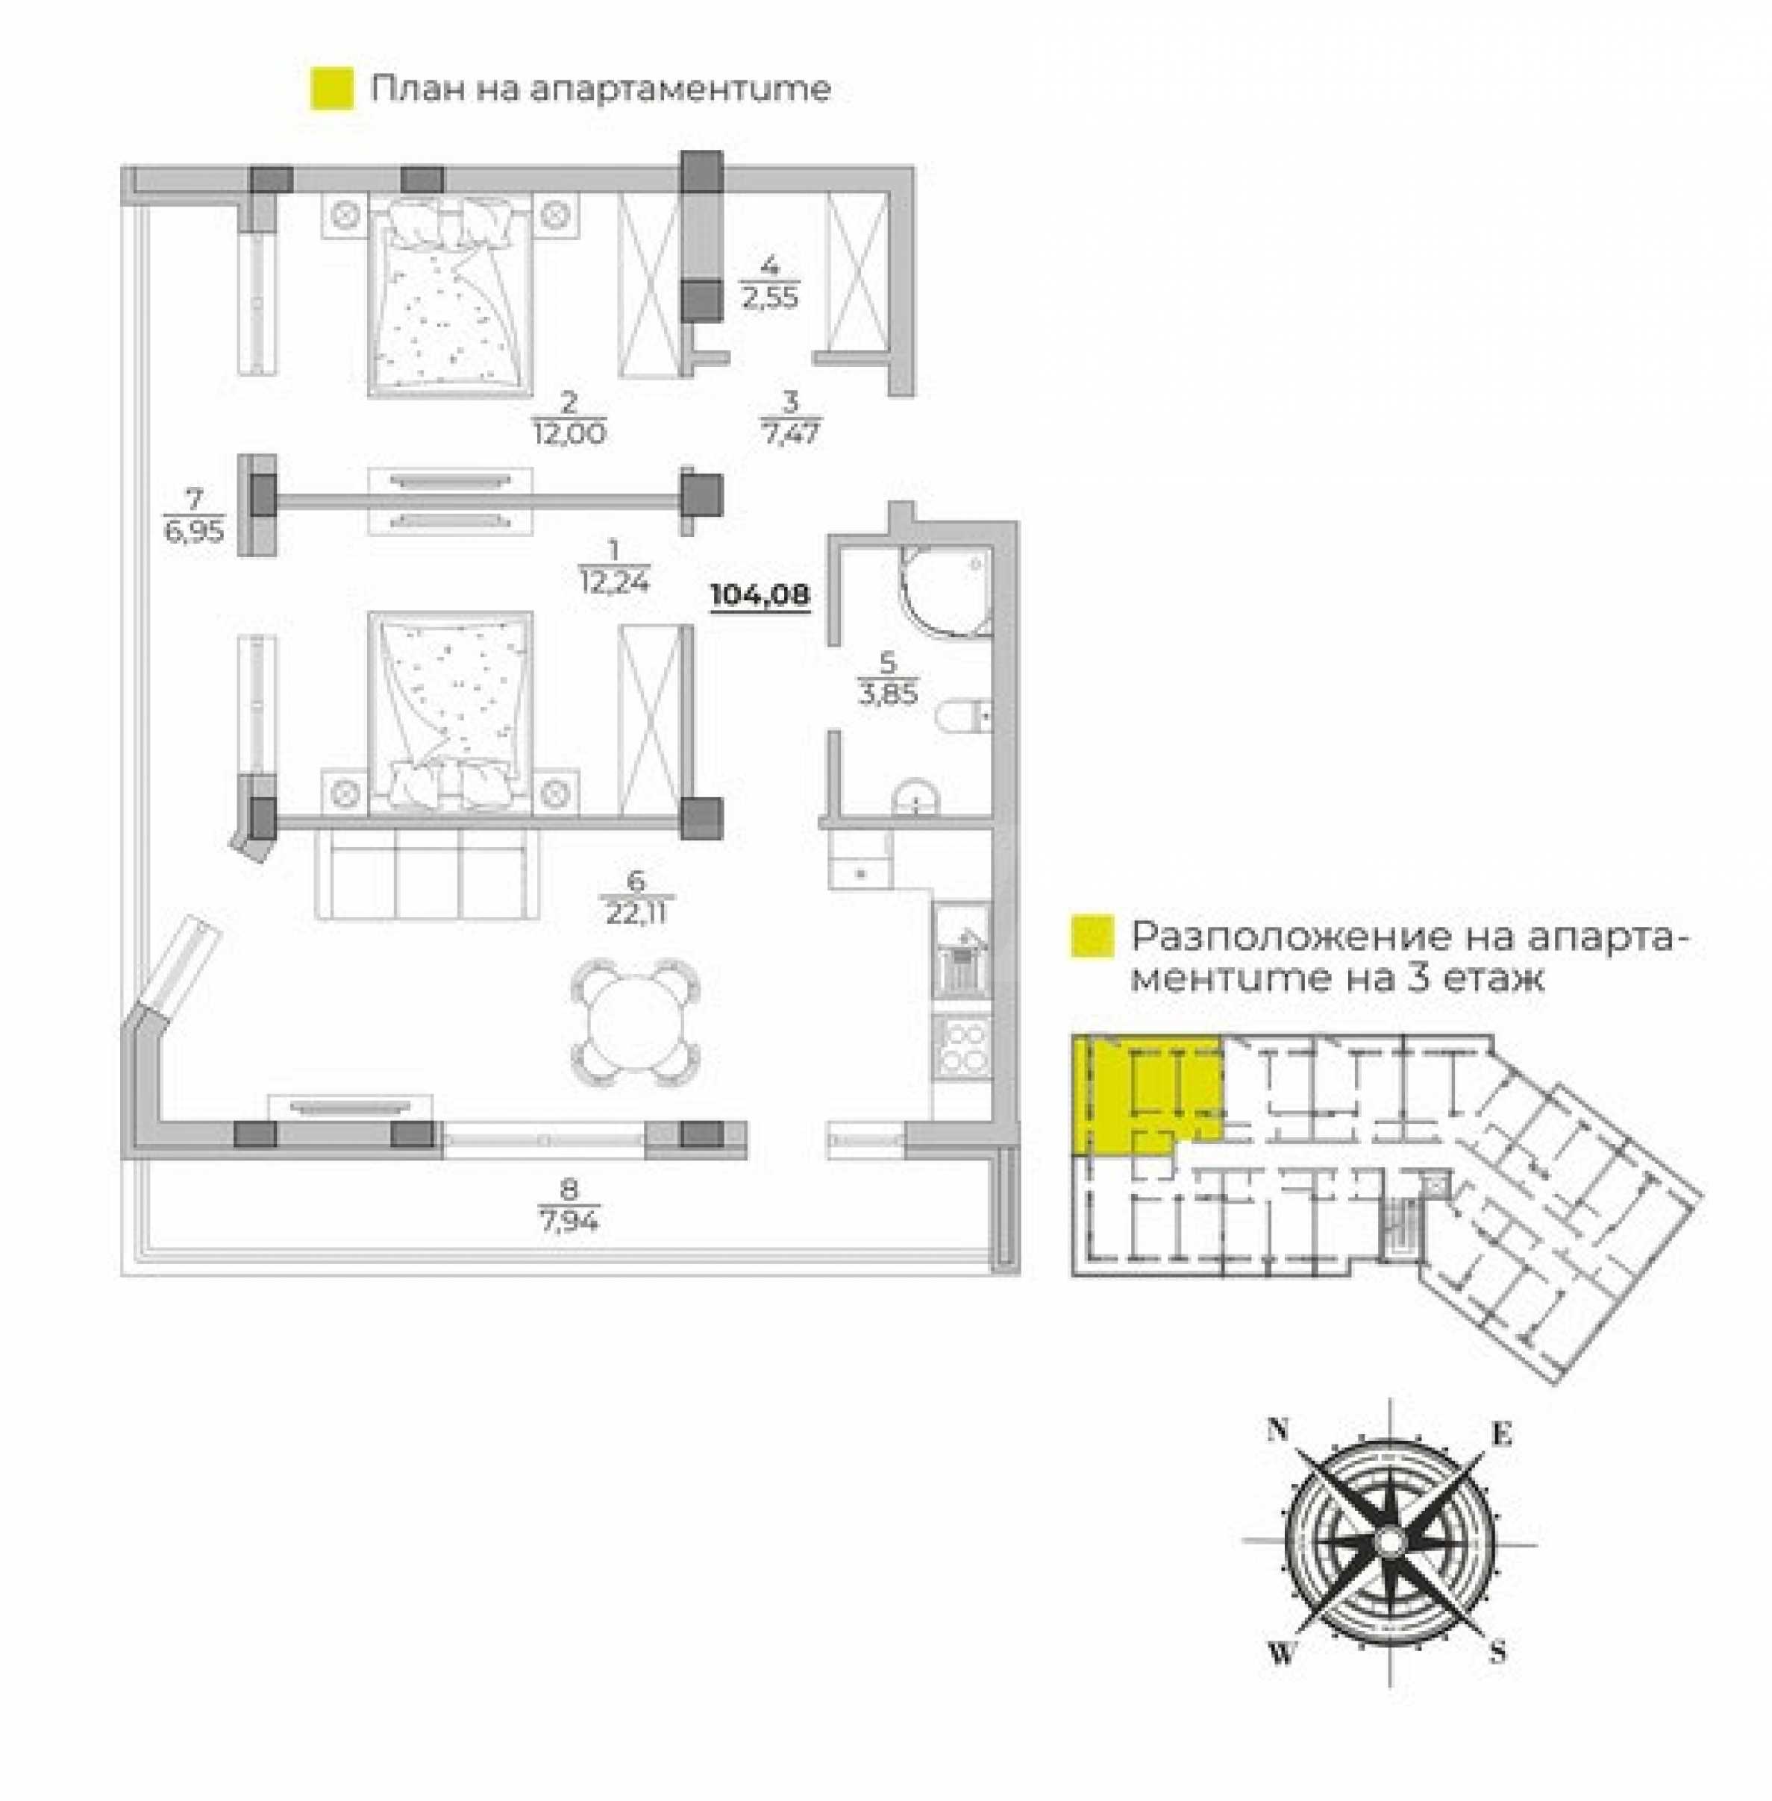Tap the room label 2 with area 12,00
pyautogui.click(x=569, y=418)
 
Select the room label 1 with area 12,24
pyautogui.click(x=613, y=567)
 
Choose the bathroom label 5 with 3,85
pyautogui.click(x=888, y=680)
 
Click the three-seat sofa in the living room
pyautogui.click(x=428, y=873)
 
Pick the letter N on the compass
pyautogui.click(x=1278, y=1430)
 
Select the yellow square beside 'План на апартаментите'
pyautogui.click(x=332, y=89)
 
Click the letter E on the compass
pyautogui.click(x=1501, y=1435)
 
